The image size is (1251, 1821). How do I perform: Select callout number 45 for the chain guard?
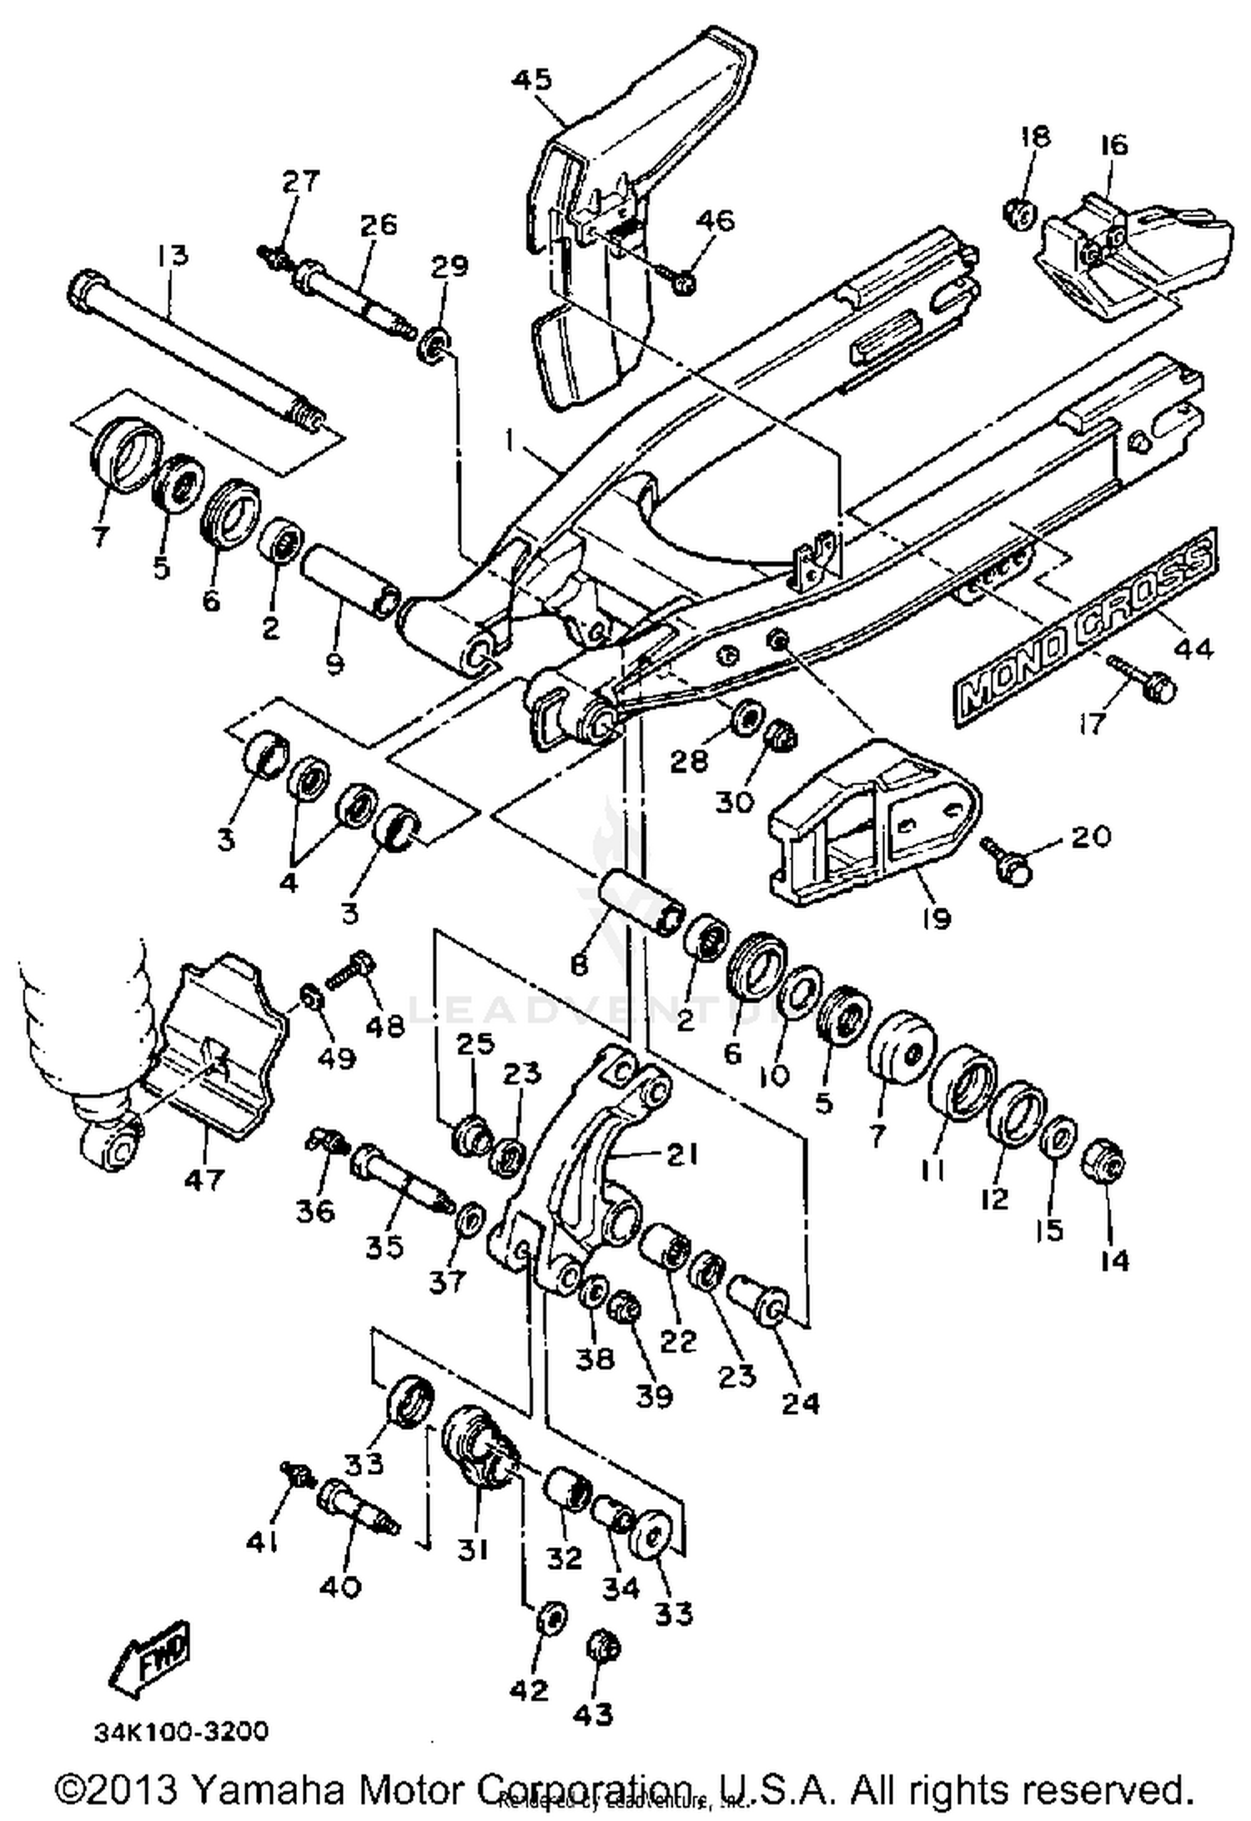(x=531, y=79)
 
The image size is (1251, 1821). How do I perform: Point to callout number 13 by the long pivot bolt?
(x=173, y=254)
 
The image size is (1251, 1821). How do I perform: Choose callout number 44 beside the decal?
(x=1193, y=647)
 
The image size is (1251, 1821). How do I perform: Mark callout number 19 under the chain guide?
(x=936, y=918)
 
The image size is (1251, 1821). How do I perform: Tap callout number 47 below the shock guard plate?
(x=204, y=1178)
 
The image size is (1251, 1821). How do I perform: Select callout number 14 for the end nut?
(x=1114, y=1259)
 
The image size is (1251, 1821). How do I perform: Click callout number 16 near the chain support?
(x=1114, y=144)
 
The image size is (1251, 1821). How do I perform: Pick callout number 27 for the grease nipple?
(x=299, y=180)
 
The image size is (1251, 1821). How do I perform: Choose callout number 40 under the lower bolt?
(x=340, y=1585)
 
